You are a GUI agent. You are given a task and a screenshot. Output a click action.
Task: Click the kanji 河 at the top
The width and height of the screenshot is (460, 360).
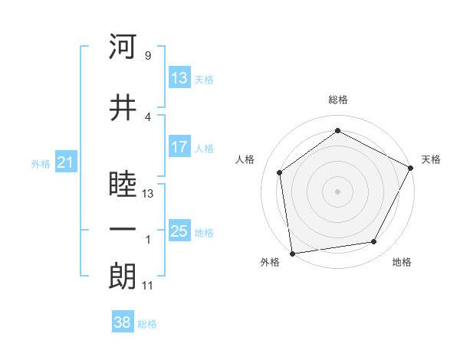[123, 47]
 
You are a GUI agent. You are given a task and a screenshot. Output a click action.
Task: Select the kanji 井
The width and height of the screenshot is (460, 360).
[123, 108]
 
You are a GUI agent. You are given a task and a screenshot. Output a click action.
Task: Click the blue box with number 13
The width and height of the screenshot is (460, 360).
[179, 77]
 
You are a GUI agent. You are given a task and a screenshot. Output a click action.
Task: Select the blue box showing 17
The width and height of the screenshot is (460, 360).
[179, 147]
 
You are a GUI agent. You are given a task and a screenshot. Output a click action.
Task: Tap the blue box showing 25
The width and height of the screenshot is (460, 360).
[179, 231]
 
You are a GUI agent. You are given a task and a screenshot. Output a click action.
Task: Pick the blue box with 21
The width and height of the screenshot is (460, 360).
[65, 162]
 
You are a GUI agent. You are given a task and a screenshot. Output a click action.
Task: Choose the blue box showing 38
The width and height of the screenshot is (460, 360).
[123, 322]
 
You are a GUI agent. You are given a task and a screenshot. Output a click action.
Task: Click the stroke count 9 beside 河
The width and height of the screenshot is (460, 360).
[147, 56]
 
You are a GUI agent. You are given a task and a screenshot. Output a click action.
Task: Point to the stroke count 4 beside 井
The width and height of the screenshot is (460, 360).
[147, 116]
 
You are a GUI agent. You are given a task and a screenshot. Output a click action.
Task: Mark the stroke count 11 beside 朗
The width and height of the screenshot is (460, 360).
[147, 286]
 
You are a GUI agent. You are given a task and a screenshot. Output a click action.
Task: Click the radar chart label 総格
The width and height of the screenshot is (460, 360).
[338, 100]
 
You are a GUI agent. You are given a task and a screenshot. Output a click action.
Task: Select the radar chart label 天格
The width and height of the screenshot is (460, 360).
[431, 159]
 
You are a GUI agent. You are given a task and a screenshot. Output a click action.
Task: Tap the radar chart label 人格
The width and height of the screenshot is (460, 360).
[245, 159]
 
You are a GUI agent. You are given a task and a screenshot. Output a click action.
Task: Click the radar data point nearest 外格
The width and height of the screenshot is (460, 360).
[292, 253]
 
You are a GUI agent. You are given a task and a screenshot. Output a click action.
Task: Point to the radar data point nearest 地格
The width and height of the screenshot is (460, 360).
[374, 242]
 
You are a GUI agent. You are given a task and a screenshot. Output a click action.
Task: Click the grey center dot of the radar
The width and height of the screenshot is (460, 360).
[337, 191]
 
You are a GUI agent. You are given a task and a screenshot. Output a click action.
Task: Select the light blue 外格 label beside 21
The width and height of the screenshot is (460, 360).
[40, 163]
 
